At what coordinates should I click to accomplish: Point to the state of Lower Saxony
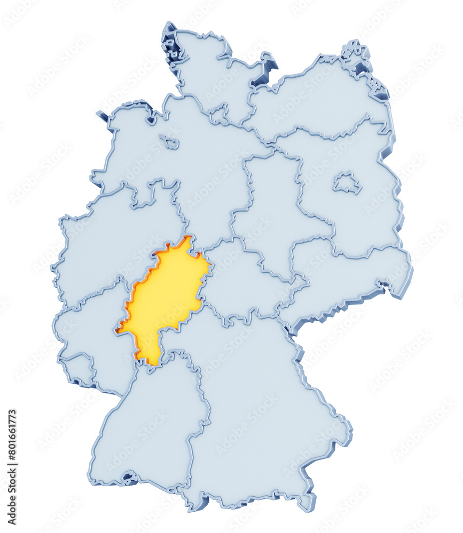176,160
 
